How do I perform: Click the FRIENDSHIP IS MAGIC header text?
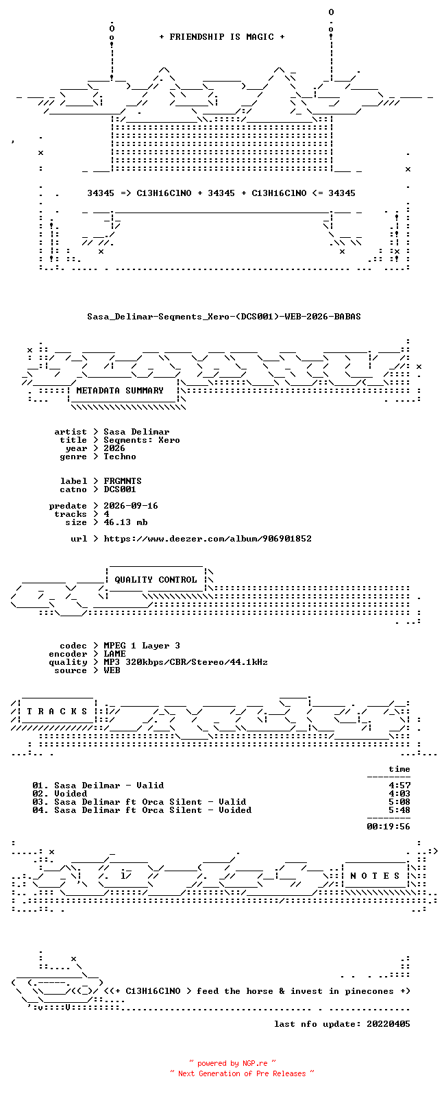point(221,37)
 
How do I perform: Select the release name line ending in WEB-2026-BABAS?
point(223,317)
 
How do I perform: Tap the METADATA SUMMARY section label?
point(120,391)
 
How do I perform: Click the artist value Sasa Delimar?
point(136,432)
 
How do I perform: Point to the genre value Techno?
point(120,457)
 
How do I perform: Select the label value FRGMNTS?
point(123,481)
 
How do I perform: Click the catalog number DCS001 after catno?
point(120,489)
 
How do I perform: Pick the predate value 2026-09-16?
point(131,506)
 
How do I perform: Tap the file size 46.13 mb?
point(125,522)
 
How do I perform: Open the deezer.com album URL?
point(208,539)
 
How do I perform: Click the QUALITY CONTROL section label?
point(156,580)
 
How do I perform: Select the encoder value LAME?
point(114,654)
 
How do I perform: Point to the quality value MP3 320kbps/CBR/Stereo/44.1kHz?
point(186,662)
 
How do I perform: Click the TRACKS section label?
point(57,712)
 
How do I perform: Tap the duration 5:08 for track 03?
point(399,802)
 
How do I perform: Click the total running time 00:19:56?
point(388,827)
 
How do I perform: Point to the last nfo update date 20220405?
point(388,1023)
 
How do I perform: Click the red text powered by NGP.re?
point(232,1063)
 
